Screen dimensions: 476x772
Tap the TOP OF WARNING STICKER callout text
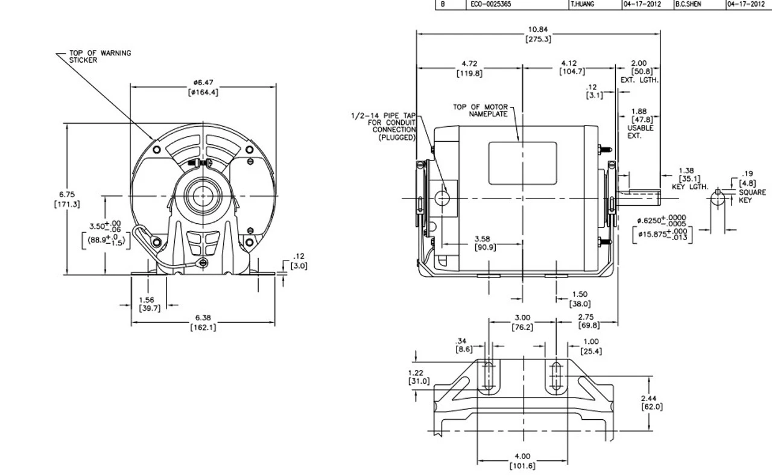coord(100,57)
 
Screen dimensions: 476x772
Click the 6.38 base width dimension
coord(203,322)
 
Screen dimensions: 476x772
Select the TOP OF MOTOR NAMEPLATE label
coord(480,110)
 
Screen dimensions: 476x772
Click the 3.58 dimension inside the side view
coord(482,243)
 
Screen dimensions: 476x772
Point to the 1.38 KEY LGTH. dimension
coord(687,179)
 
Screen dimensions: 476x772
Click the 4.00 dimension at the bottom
coord(522,461)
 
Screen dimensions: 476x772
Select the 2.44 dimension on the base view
coord(652,402)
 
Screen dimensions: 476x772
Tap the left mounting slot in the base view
coord(490,378)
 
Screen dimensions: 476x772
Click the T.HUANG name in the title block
coord(584,4)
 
